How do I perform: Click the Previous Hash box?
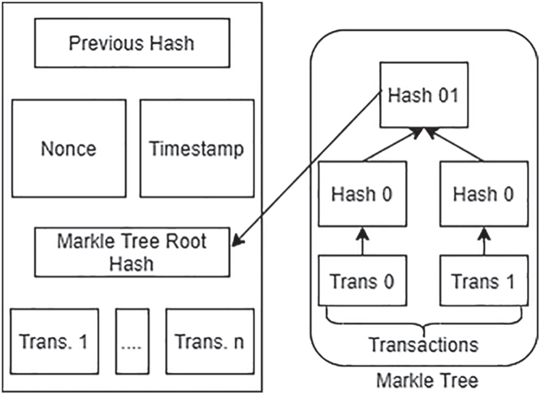pyautogui.click(x=132, y=43)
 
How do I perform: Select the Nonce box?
pyautogui.click(x=69, y=149)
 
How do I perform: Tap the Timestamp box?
pyautogui.click(x=197, y=149)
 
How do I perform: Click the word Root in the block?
pyautogui.click(x=186, y=241)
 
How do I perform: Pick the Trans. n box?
pyautogui.click(x=210, y=342)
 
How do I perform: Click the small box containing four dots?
pyautogui.click(x=132, y=342)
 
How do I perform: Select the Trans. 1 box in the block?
pyautogui.click(x=55, y=342)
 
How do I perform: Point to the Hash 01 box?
pyautogui.click(x=424, y=95)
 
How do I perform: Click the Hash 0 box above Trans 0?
pyautogui.click(x=362, y=194)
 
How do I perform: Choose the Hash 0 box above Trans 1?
pyautogui.click(x=484, y=194)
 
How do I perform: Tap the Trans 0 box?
pyautogui.click(x=362, y=280)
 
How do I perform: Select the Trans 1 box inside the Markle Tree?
pyautogui.click(x=484, y=280)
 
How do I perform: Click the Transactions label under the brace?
pyautogui.click(x=424, y=345)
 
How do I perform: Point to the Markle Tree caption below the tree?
pyautogui.click(x=427, y=380)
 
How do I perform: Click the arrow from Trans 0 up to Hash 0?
pyautogui.click(x=362, y=241)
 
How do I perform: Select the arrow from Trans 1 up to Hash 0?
pyautogui.click(x=484, y=241)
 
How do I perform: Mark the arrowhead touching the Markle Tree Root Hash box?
pyautogui.click(x=238, y=240)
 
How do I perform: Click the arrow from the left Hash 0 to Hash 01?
pyautogui.click(x=393, y=144)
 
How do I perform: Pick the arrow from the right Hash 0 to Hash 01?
pyautogui.click(x=454, y=144)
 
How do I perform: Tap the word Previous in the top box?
pyautogui.click(x=103, y=43)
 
